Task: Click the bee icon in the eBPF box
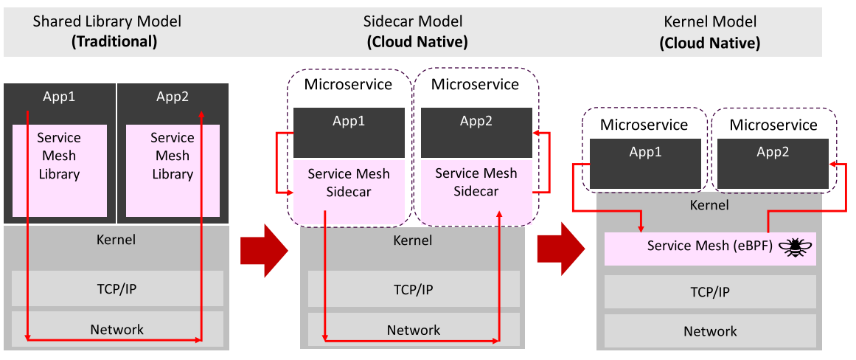coord(796,247)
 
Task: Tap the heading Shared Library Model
coord(107,22)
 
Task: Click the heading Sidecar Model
coord(413,22)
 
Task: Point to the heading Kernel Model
coord(710,22)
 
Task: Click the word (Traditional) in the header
coord(114,42)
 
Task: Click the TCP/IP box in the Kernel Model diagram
coord(710,292)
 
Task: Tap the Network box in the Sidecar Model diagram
coord(413,330)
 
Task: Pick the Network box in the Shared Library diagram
coord(116,329)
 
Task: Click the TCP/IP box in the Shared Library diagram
coord(116,289)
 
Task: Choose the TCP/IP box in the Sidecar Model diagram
coord(413,289)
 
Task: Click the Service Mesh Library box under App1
coord(60,170)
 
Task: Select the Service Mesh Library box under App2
coord(173,170)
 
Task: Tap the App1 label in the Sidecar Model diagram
coord(349,121)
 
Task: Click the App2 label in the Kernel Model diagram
coord(773,151)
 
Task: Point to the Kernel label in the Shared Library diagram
coord(116,239)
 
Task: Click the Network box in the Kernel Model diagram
coord(710,331)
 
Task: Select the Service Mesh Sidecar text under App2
coord(476,182)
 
